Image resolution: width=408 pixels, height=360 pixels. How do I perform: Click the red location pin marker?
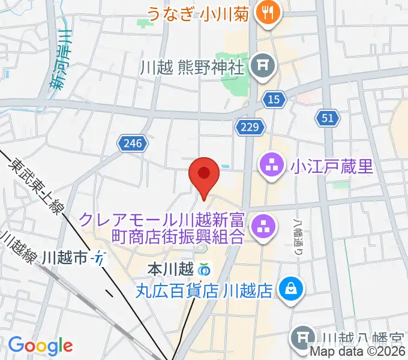203,175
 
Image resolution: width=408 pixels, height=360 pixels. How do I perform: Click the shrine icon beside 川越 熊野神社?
262,65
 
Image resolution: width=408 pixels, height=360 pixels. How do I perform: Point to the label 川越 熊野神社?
192,66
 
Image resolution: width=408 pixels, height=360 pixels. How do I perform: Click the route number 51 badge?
327,119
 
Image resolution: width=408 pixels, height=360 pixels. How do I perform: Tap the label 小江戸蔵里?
332,164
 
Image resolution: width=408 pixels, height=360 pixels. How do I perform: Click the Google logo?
40,346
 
